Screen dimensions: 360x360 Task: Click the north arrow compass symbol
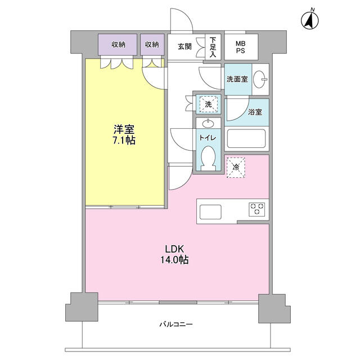tap(310, 20)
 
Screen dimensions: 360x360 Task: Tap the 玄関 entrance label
tap(184, 47)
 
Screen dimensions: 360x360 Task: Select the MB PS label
tap(240, 47)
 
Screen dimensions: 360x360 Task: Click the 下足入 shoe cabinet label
tap(213, 47)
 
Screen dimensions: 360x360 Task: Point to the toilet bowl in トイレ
tap(208, 159)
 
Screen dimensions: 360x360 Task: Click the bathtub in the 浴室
tap(246, 139)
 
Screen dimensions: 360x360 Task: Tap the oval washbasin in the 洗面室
tap(259, 79)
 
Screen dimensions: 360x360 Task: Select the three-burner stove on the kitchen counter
tap(257, 209)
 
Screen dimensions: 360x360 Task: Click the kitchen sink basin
tap(210, 211)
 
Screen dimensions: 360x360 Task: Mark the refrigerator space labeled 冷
tap(236, 168)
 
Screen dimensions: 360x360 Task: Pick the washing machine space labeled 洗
tap(208, 104)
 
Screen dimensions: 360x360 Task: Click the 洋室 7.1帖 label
tap(124, 134)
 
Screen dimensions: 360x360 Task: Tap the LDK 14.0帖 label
tap(174, 254)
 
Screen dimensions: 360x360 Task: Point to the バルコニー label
tap(176, 325)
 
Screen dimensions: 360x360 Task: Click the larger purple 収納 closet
tap(118, 44)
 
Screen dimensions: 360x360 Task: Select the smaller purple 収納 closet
tap(152, 44)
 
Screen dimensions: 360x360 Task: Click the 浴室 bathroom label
tap(255, 112)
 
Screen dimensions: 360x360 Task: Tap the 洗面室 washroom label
tap(237, 79)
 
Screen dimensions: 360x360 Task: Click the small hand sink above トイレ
tap(208, 124)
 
